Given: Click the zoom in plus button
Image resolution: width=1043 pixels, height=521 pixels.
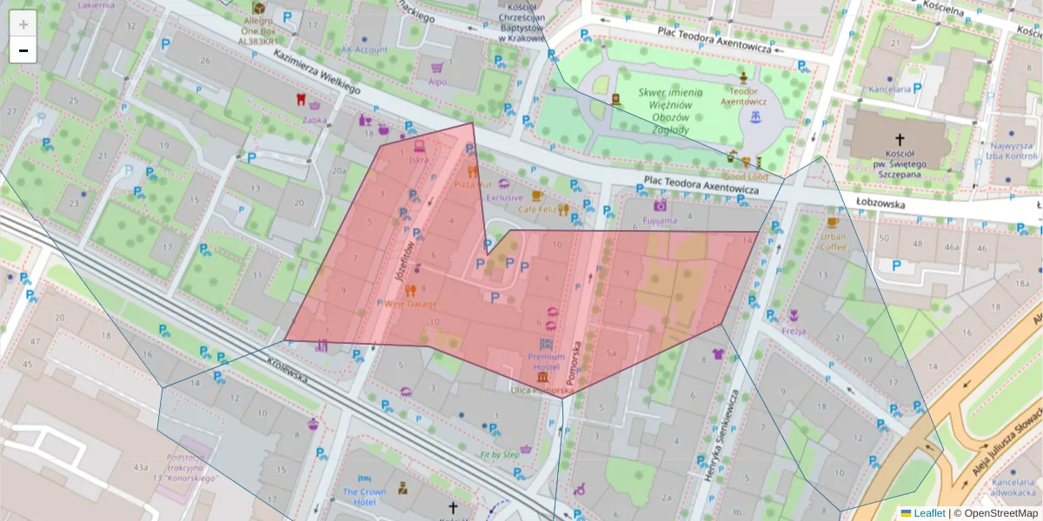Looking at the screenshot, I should [x=23, y=23].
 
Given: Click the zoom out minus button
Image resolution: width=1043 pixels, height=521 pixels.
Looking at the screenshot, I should [x=23, y=50].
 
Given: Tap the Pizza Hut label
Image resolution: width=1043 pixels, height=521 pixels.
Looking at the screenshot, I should [x=473, y=184].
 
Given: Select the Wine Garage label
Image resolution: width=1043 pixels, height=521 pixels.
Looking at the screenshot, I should [x=411, y=304].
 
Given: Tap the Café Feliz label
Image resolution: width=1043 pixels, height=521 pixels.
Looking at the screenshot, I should [x=537, y=209].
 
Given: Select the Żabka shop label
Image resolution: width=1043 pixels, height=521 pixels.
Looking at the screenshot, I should [x=315, y=121].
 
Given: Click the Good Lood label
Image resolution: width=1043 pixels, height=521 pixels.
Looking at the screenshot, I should [x=745, y=176].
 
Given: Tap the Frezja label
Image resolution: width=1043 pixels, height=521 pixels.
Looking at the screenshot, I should [x=794, y=331].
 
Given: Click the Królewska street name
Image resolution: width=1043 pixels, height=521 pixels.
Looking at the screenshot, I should [x=289, y=372].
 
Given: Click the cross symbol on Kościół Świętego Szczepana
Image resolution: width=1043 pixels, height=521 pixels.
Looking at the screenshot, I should [x=900, y=139].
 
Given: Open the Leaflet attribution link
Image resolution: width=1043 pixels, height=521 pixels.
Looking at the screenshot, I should [x=928, y=513].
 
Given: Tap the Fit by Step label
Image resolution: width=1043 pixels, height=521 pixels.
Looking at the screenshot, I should [x=500, y=454].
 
